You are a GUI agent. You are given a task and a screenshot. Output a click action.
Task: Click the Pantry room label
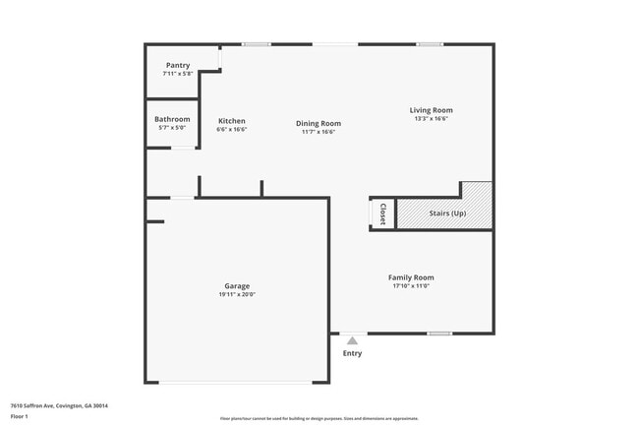tap(178, 65)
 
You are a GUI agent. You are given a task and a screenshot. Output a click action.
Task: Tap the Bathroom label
tap(172, 119)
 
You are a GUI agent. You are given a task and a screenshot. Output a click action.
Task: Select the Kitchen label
tap(232, 121)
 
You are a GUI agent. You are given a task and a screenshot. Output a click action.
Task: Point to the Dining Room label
tap(319, 123)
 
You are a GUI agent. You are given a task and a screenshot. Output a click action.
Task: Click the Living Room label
tap(432, 110)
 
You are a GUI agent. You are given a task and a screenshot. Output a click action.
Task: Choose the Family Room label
tap(411, 277)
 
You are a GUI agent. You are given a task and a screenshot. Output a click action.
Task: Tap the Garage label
tap(237, 286)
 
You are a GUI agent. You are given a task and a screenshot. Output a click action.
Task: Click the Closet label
tap(382, 213)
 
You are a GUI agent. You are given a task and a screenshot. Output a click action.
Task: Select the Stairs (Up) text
tap(447, 213)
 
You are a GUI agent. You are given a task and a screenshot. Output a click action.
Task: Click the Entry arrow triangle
tap(352, 340)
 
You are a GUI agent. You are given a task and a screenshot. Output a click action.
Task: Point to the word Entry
tap(352, 353)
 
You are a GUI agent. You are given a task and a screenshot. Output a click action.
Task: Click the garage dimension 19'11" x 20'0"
tap(237, 295)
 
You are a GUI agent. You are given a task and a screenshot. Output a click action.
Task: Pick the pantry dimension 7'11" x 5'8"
tap(178, 74)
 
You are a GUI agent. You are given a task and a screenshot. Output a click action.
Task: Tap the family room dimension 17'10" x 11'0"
tap(411, 286)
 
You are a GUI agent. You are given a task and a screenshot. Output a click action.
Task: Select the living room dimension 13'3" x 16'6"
tap(432, 119)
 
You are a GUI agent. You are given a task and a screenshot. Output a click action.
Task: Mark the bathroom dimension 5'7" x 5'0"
tap(172, 128)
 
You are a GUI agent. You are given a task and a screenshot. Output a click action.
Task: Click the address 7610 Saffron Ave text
tap(59, 405)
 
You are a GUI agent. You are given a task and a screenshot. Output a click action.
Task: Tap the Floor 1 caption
tap(20, 417)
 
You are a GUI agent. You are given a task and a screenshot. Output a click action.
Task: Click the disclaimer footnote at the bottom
tap(319, 418)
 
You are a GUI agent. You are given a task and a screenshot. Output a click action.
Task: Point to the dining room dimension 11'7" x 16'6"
tap(319, 132)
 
